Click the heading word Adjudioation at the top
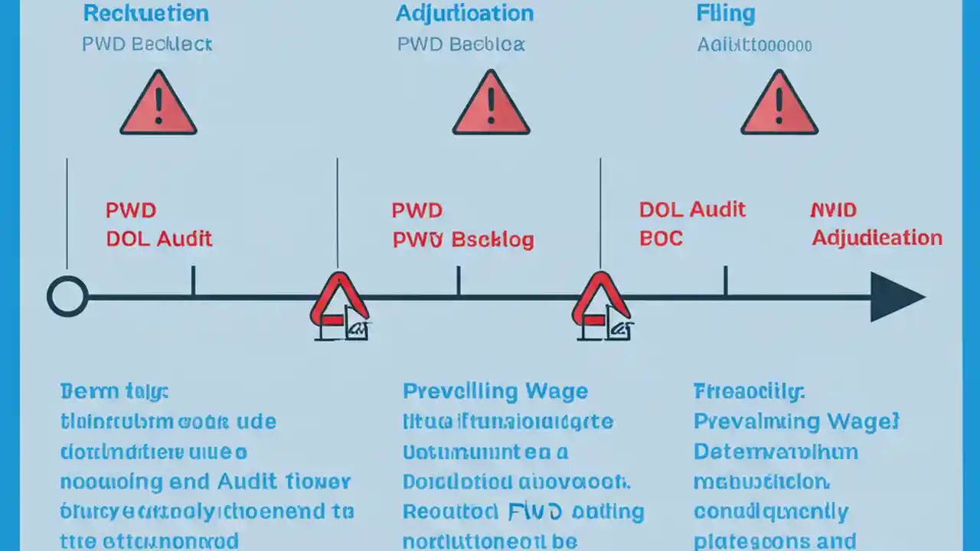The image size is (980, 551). click(464, 13)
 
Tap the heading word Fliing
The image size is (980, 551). click(725, 13)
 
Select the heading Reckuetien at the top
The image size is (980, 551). click(145, 13)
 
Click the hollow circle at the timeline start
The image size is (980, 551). click(67, 296)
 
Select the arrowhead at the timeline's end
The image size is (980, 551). click(896, 297)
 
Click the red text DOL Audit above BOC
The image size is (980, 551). click(692, 210)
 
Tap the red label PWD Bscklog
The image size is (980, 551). click(462, 240)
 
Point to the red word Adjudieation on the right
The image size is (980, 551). click(877, 238)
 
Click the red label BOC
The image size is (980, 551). click(660, 238)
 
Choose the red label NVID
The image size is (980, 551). click(833, 210)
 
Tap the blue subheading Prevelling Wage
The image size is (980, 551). click(495, 392)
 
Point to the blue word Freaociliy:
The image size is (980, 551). click(749, 392)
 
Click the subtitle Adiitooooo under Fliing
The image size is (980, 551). click(753, 45)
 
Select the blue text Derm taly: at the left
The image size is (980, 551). click(113, 392)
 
